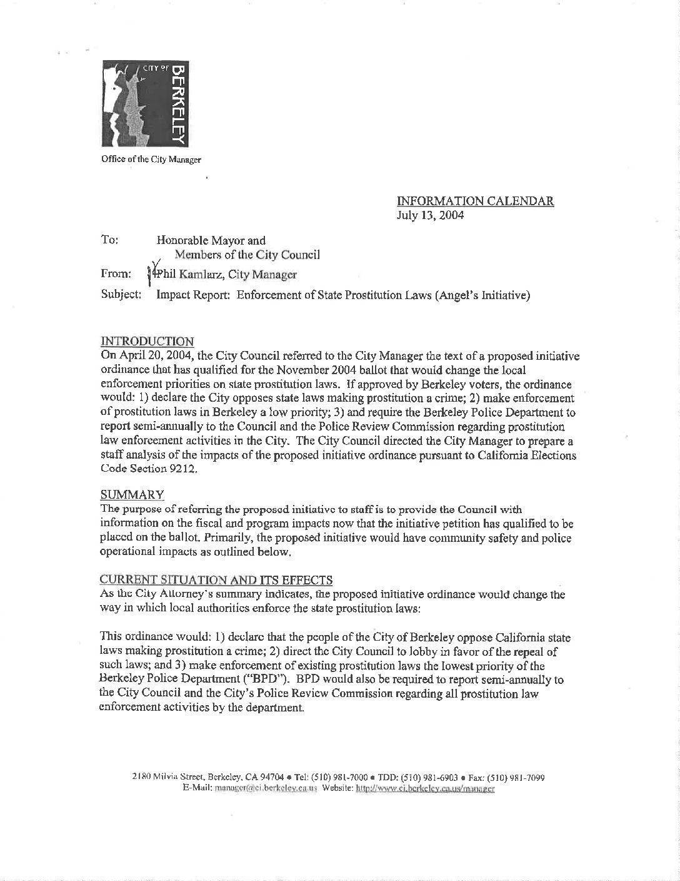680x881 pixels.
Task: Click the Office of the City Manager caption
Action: coord(151,159)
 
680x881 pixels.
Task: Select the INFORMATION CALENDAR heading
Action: coord(475,201)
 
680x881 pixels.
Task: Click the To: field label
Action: coord(109,240)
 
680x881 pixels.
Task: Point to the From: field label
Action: coord(116,274)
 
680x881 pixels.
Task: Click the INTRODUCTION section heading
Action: coord(147,341)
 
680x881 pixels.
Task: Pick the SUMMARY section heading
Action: coord(132,494)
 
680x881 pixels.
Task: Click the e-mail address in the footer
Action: coord(266,789)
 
